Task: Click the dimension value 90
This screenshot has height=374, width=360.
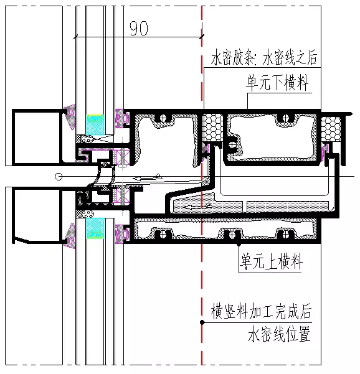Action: tap(139, 28)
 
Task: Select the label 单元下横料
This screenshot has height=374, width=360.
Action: tap(277, 83)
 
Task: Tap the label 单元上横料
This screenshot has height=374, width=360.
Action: tap(271, 261)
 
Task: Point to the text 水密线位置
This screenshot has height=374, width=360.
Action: tap(279, 334)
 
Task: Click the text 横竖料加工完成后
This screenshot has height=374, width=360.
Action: tap(261, 311)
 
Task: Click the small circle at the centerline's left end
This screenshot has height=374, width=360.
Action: tap(59, 177)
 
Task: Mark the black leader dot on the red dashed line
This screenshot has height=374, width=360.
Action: tap(202, 322)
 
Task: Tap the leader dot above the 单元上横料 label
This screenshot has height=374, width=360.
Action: tap(239, 245)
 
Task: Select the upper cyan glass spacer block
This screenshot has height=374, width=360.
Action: tap(95, 124)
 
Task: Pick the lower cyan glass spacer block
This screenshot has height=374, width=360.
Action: tap(95, 228)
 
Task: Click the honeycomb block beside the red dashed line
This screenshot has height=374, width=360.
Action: tap(212, 128)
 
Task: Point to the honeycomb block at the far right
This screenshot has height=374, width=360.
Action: tap(331, 129)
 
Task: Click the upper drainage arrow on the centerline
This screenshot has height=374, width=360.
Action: tap(147, 177)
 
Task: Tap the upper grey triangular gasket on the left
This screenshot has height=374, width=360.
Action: tap(70, 116)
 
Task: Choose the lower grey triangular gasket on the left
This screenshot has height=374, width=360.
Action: tap(70, 236)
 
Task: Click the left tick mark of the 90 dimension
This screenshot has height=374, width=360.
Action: tap(76, 37)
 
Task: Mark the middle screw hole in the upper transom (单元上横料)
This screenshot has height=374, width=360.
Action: tap(232, 234)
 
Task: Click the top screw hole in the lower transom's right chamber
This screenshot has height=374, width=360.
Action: tap(285, 118)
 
